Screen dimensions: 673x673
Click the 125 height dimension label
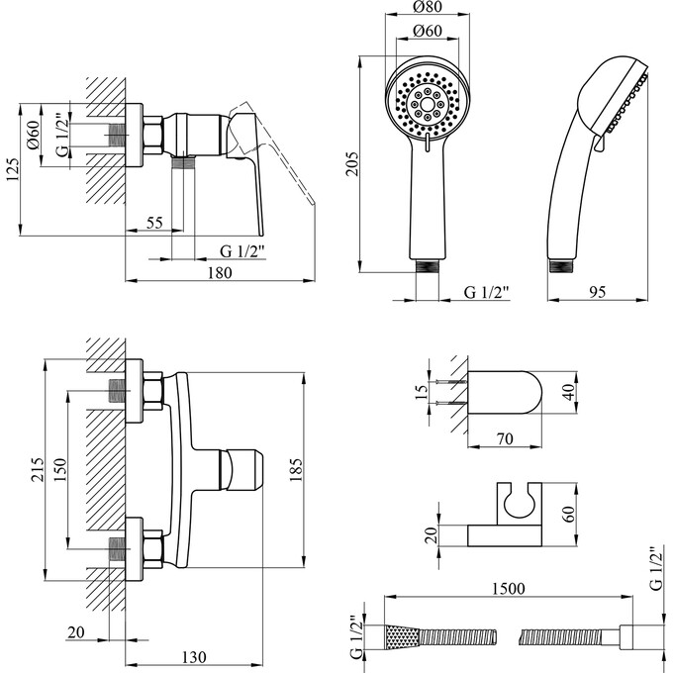coord(13,169)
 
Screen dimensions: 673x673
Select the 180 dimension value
coord(220,273)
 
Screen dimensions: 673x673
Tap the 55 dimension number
coord(154,223)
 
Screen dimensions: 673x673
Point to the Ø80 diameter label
coord(428,7)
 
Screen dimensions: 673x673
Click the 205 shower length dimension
coord(352,163)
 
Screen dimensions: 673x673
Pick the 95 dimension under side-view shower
coord(597,292)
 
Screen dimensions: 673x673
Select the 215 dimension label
coord(38,469)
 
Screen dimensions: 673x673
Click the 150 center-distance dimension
coord(60,469)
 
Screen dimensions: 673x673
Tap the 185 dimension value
coord(296,470)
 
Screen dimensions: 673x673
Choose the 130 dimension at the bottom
coord(194,657)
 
